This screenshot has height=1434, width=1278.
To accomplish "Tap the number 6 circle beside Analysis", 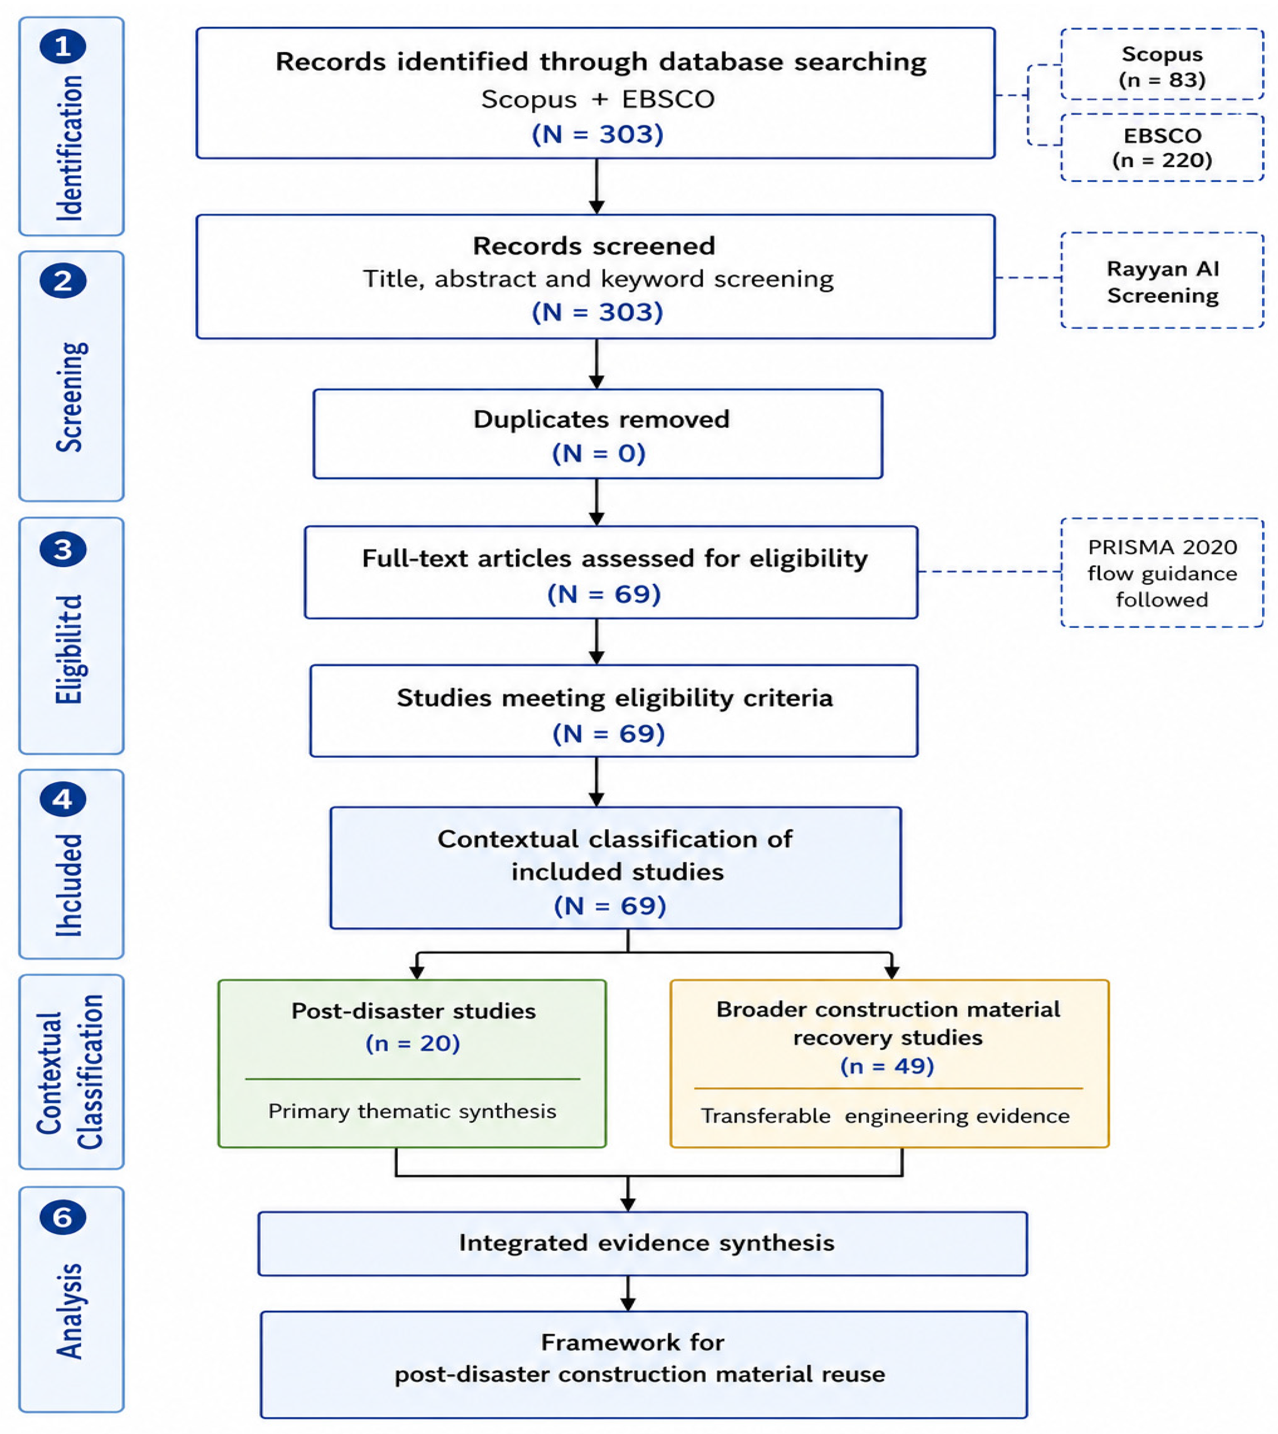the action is (x=63, y=1217).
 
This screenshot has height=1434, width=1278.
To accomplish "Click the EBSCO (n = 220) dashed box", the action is (x=1162, y=147).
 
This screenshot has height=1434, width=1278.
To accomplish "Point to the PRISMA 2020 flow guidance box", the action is (x=1162, y=573).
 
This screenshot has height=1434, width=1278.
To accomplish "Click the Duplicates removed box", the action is (x=598, y=434).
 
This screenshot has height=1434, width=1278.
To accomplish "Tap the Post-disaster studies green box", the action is (x=412, y=1063).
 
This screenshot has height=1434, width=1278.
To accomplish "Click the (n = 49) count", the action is (x=888, y=1066).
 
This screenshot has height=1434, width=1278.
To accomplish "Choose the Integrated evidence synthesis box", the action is (x=643, y=1243).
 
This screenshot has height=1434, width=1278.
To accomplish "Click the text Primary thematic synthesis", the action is (x=412, y=1111).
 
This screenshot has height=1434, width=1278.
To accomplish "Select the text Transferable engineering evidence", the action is (x=886, y=1116).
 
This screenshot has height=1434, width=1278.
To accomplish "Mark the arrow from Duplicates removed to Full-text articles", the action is (x=597, y=502).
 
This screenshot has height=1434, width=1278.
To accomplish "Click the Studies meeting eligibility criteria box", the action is (x=614, y=711).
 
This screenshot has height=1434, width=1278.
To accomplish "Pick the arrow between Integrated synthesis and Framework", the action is (x=628, y=1294).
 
